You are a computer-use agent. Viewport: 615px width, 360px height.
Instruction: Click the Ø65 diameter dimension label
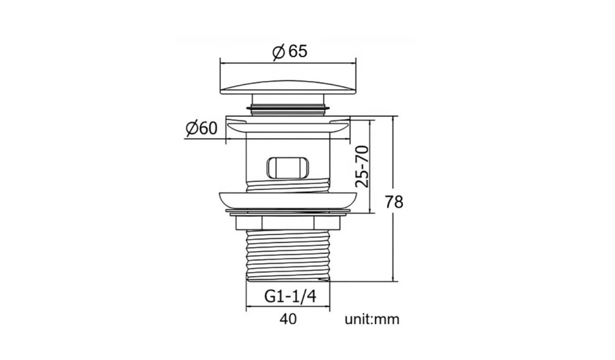(290, 52)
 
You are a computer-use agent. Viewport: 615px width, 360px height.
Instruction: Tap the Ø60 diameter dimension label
(201, 128)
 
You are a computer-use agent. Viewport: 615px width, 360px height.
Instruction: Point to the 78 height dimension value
(394, 202)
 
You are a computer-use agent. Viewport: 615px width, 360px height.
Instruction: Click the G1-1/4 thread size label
(290, 296)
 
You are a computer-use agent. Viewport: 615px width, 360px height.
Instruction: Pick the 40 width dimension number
(288, 318)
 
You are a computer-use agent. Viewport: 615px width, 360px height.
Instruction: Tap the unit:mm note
(372, 319)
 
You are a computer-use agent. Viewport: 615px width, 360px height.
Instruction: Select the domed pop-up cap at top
(288, 88)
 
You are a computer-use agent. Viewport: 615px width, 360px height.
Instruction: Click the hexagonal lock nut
(288, 223)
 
